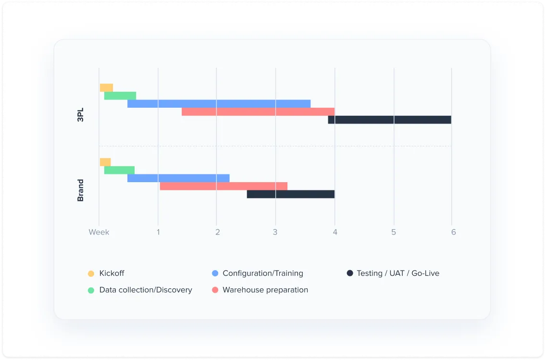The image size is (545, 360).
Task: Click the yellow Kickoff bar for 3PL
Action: (x=106, y=87)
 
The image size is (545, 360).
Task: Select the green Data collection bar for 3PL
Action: (x=120, y=96)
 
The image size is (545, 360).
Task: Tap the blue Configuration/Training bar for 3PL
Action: (x=219, y=104)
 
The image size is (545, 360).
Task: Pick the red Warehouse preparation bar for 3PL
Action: (x=258, y=112)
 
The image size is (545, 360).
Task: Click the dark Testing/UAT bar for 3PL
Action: (x=390, y=120)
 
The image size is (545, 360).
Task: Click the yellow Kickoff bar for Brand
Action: (x=105, y=162)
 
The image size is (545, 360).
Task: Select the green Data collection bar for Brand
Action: (x=119, y=170)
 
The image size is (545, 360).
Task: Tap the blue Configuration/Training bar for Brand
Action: (x=178, y=178)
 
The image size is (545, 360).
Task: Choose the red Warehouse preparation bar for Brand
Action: (x=223, y=186)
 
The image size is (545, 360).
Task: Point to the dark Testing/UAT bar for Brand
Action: (x=291, y=194)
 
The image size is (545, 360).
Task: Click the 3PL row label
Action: (x=80, y=112)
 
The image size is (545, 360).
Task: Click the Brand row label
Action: (x=80, y=190)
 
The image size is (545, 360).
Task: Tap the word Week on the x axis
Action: (x=99, y=232)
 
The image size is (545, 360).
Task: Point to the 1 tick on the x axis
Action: (x=158, y=232)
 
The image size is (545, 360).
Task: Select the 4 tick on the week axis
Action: (x=335, y=232)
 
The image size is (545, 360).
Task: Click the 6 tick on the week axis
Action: (x=453, y=232)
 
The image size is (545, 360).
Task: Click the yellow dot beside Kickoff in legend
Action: (x=91, y=273)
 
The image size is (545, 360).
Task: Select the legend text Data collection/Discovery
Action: (x=146, y=290)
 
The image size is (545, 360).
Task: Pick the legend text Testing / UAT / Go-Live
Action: (x=398, y=273)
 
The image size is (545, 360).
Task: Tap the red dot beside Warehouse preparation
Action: (x=215, y=290)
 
